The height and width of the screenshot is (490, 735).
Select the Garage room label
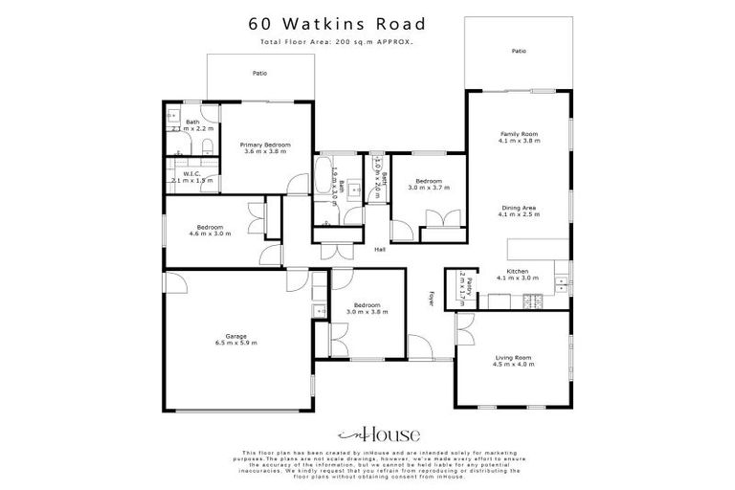pos(236,337)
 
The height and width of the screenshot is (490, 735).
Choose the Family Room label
pos(519,136)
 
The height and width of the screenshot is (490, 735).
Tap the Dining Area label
pos(519,211)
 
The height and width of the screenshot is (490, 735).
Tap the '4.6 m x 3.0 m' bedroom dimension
pos(211,234)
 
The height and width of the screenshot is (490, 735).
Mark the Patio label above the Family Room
pos(518,51)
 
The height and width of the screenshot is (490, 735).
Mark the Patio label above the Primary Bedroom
pos(259,73)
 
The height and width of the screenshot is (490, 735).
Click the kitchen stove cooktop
pos(538,303)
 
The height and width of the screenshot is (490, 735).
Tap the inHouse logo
pos(367,434)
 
